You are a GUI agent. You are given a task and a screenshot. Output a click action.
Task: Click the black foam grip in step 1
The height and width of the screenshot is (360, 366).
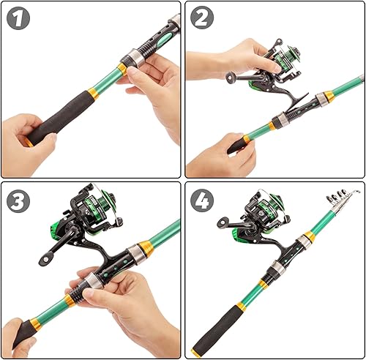pyautogui.click(x=62, y=117)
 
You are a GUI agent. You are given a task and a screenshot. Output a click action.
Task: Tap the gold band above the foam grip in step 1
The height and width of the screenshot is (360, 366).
pyautogui.click(x=93, y=94)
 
